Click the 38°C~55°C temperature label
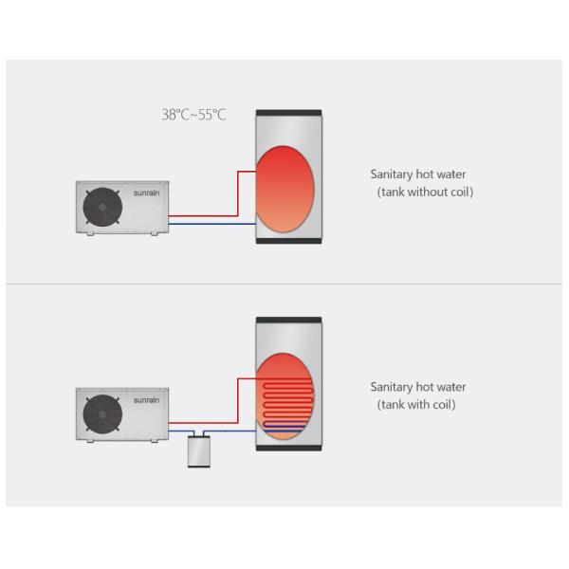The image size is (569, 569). [x=193, y=115]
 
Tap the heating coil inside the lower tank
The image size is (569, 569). [x=286, y=402]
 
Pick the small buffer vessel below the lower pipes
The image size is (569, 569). [x=199, y=451]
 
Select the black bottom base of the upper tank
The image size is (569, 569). [x=288, y=240]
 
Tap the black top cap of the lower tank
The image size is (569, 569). [x=288, y=321]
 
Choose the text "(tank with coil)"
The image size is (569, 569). [x=416, y=405]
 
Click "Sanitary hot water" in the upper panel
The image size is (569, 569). [x=418, y=174]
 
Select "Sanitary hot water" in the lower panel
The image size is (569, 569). [x=418, y=387]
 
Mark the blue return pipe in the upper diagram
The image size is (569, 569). [x=213, y=224]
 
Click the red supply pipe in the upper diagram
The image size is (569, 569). [x=238, y=194]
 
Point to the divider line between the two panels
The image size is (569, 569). [x=284, y=284]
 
